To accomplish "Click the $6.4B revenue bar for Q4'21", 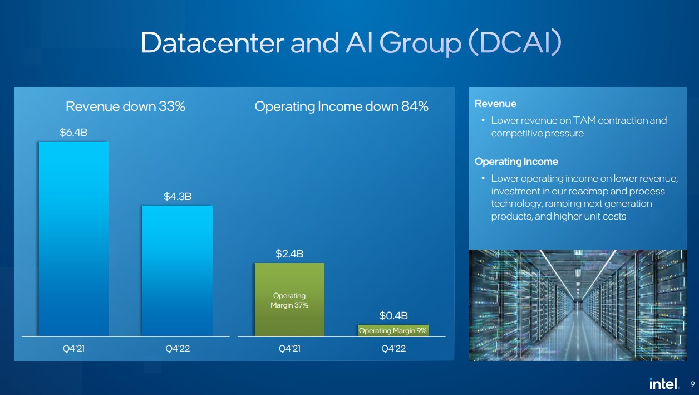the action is click(x=73, y=239).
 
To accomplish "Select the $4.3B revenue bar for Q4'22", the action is click(x=178, y=271).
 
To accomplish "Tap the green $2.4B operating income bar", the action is click(x=289, y=299).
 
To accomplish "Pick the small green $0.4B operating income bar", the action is click(x=393, y=330).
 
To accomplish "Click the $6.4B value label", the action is click(x=73, y=133).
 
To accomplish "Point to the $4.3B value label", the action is click(x=178, y=197).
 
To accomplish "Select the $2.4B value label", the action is click(x=289, y=253).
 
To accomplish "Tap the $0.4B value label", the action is click(x=393, y=316).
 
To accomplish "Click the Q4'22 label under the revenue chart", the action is click(x=178, y=348).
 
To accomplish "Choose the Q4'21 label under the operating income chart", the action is click(x=289, y=348).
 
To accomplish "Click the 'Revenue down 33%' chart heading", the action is click(x=125, y=106).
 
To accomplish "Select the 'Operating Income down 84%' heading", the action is click(x=341, y=107).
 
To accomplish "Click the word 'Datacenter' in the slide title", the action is click(x=213, y=42).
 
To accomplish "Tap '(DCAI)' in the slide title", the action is click(x=515, y=42).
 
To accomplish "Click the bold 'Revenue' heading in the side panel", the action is click(x=495, y=104).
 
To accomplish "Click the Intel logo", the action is click(x=664, y=383).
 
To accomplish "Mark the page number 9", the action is click(x=692, y=384).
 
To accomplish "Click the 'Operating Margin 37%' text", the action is click(x=289, y=300).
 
